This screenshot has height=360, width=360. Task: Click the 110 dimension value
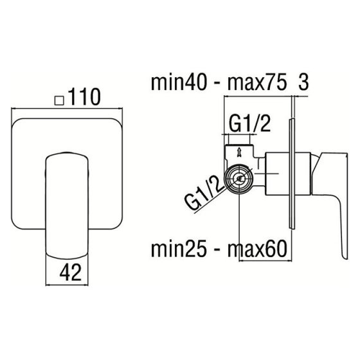coord(84,96)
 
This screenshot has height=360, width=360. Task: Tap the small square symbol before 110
coord(59,100)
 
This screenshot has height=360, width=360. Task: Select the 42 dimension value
coord(71,272)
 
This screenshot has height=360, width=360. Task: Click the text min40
coord(179,82)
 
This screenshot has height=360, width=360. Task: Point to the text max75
coord(257,82)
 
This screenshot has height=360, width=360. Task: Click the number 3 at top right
coord(303,82)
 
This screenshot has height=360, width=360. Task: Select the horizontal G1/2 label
coord(250,123)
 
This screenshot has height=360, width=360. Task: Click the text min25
coord(179,249)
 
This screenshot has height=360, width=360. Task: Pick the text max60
coord(257,249)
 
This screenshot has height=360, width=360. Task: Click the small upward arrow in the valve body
coord(239,152)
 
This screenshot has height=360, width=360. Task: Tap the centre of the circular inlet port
coord(239,179)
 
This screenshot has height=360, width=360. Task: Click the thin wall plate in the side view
coord(292,174)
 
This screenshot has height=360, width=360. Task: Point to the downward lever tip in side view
coord(345,256)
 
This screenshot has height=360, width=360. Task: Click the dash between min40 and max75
coord(217,84)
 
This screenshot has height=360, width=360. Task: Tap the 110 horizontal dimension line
coord(67,108)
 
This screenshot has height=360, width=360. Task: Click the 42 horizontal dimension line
coord(67,285)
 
